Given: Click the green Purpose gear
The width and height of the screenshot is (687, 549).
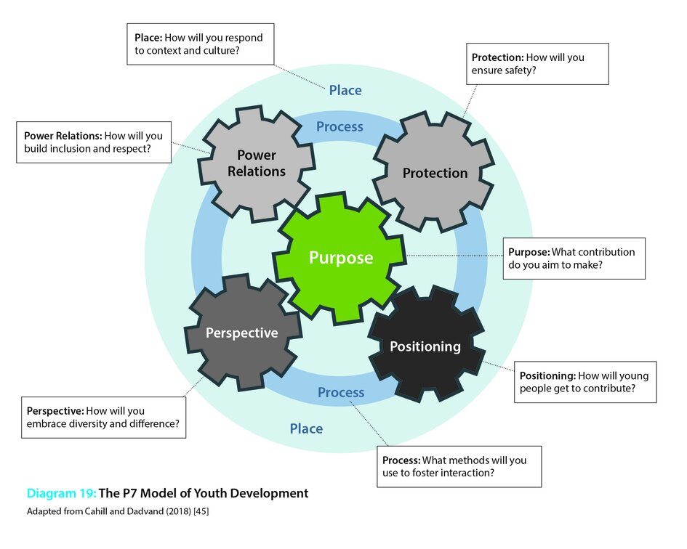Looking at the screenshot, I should click(x=340, y=258).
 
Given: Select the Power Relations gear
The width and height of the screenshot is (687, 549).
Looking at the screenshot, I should click(x=256, y=163).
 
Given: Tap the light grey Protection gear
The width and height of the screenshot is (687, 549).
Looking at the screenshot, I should click(x=435, y=173).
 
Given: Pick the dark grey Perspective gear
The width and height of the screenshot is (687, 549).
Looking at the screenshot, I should click(x=241, y=333).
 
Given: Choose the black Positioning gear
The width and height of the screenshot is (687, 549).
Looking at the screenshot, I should click(x=425, y=346).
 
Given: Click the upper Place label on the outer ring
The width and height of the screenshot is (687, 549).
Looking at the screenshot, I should click(x=345, y=90).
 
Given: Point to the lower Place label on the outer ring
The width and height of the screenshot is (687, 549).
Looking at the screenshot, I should click(x=306, y=428).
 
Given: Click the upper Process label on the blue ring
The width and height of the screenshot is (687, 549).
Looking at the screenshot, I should click(x=340, y=126).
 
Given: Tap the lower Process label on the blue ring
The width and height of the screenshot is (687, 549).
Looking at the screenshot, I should click(x=341, y=392).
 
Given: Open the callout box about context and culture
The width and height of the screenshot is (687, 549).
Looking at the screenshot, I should click(x=199, y=44).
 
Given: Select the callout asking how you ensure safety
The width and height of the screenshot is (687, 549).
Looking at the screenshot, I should click(x=537, y=64).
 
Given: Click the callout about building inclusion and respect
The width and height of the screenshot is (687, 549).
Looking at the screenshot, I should click(x=93, y=142).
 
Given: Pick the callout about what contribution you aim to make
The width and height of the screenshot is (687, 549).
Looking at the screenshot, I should click(x=574, y=259).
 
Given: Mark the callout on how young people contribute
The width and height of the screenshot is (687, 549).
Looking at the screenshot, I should click(x=584, y=383).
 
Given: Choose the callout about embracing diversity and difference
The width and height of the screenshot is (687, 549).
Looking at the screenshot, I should click(x=103, y=417).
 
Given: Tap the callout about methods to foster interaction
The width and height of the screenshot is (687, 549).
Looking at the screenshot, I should click(x=459, y=466).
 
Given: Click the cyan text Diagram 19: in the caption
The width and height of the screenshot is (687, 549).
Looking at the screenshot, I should click(x=61, y=493).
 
